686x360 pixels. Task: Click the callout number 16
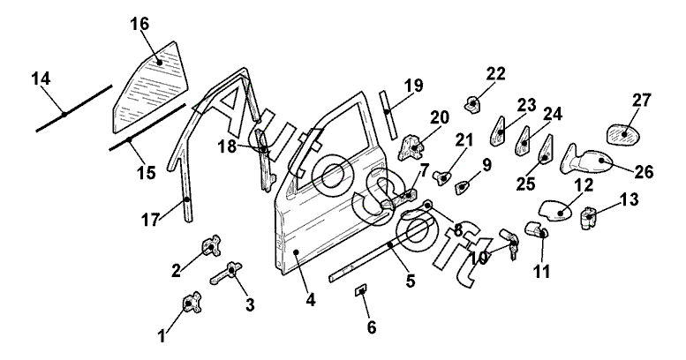click(140, 23)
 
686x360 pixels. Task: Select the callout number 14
click(41, 80)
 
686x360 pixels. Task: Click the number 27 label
click(641, 100)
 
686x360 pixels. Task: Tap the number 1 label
click(162, 334)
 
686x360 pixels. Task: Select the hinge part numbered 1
click(191, 304)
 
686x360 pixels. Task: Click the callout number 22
click(495, 73)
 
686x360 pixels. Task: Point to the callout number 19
click(415, 86)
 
